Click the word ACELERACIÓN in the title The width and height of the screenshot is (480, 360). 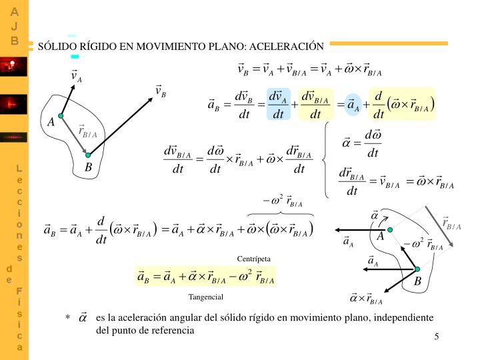coord(287,46)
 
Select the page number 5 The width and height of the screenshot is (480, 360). coord(436,337)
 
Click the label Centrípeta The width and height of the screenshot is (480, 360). coord(254,259)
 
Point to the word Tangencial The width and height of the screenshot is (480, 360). coord(206,297)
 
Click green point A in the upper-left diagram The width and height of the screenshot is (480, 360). coord(61,116)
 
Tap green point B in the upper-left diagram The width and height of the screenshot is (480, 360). coord(88,155)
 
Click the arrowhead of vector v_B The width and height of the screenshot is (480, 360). coord(151,99)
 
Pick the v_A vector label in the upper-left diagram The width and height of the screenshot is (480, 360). coord(76,76)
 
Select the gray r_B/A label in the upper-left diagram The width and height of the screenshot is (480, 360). coord(87,131)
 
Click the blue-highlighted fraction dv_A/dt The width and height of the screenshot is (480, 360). coord(278,104)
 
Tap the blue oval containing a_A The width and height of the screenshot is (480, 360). coord(353,105)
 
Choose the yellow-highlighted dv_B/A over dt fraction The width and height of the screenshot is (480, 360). coord(315,104)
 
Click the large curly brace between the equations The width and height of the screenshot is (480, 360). coord(326,159)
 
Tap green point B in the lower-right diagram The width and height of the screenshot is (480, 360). coord(417,269)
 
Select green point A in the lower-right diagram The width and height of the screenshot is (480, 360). coord(390,230)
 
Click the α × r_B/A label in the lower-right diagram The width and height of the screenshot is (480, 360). coord(366,298)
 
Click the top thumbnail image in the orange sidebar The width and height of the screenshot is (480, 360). coord(13,67)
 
